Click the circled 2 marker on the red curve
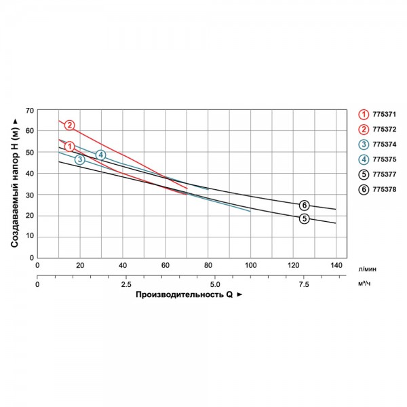[69, 125]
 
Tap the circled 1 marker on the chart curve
[69, 146]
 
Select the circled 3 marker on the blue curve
[80, 159]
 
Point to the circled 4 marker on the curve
[100, 155]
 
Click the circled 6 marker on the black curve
[305, 205]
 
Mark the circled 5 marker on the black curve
[305, 218]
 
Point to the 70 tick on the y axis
[28, 110]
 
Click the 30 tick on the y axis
[28, 195]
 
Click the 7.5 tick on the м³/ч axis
[303, 284]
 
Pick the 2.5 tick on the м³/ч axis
[125, 284]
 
